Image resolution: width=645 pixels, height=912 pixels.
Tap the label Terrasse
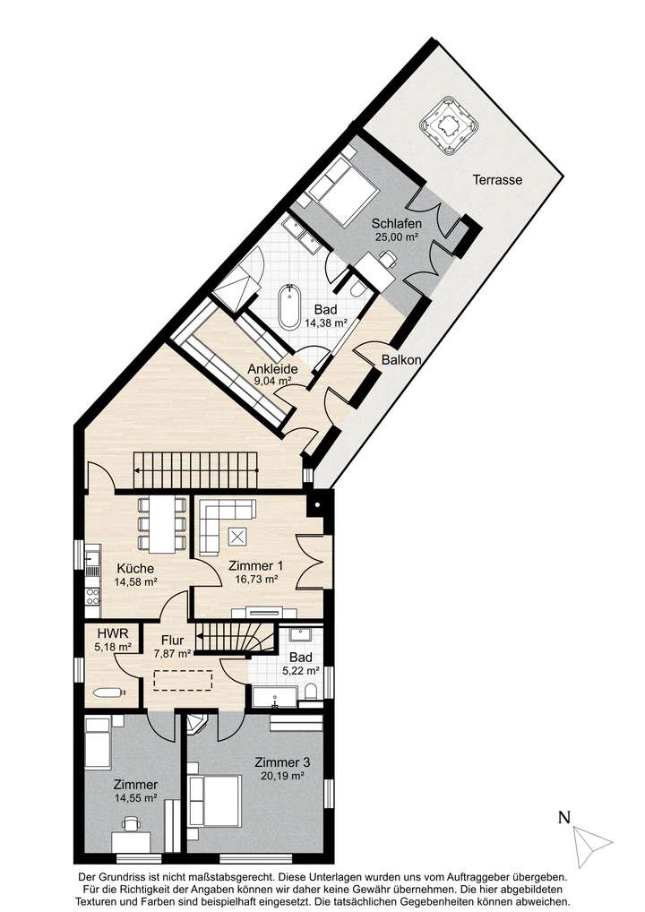(497, 180)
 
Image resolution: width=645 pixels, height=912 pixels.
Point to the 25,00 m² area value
(398, 237)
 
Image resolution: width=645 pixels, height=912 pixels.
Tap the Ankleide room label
(272, 367)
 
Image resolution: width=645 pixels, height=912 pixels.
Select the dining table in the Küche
(162, 524)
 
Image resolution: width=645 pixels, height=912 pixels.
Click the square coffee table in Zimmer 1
(238, 537)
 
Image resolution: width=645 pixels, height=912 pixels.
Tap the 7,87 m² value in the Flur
(172, 654)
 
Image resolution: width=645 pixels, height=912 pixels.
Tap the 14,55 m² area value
(135, 798)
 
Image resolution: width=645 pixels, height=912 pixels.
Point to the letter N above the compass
(564, 816)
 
